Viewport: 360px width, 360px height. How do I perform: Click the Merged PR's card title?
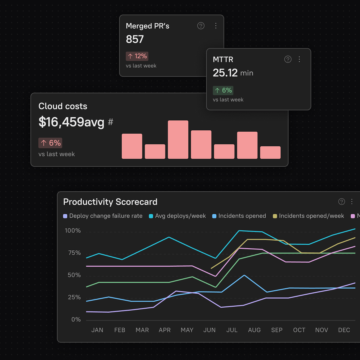pos(147,26)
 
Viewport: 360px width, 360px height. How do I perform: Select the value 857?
pos(135,39)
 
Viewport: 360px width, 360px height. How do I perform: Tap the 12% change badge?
pos(137,56)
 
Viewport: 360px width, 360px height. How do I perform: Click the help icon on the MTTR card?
pos(288,59)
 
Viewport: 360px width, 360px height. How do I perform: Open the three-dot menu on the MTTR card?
pos(299,59)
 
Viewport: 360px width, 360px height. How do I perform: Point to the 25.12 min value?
pos(233,73)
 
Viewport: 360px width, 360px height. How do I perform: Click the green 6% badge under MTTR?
pos(223,90)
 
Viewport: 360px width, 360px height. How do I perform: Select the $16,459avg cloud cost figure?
pos(71,122)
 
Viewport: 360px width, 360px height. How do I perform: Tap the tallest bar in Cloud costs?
pos(178,139)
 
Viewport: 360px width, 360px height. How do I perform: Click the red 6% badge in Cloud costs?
pos(50,143)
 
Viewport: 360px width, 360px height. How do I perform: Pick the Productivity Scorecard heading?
pos(110,202)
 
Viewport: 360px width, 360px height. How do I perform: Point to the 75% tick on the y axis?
pos(73,253)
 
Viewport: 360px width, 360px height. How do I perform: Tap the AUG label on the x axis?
pos(254,330)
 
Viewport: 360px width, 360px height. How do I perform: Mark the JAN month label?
pos(97,330)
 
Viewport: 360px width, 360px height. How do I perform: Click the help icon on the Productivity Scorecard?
pos(342,202)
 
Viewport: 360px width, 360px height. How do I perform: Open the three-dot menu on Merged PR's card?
pos(216,26)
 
